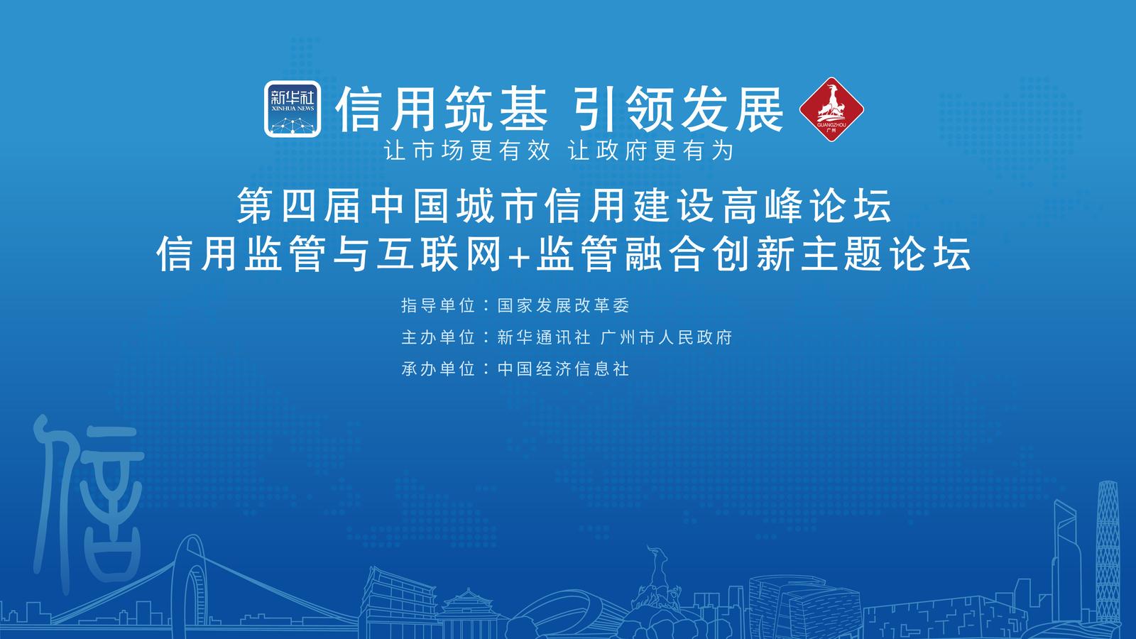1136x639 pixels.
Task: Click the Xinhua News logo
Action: pyautogui.click(x=293, y=109)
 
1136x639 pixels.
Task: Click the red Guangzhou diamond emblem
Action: pyautogui.click(x=831, y=109)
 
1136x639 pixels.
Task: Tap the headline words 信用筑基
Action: pyautogui.click(x=442, y=109)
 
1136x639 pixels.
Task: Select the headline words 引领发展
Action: pyautogui.click(x=677, y=109)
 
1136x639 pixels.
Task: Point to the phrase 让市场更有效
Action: pyautogui.click(x=467, y=151)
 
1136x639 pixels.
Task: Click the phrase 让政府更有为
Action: pyautogui.click(x=651, y=151)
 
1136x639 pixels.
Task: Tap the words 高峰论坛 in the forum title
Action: pyautogui.click(x=807, y=206)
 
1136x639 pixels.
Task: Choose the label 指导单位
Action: pyautogui.click(x=438, y=305)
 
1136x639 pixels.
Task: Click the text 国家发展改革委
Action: pyautogui.click(x=564, y=305)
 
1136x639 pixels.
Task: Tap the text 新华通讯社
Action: pyautogui.click(x=544, y=337)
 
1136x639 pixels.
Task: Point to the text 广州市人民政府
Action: pyautogui.click(x=667, y=337)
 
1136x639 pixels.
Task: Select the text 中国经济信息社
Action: pyautogui.click(x=564, y=368)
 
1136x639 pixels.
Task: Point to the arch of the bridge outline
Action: pyautogui.click(x=189, y=553)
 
